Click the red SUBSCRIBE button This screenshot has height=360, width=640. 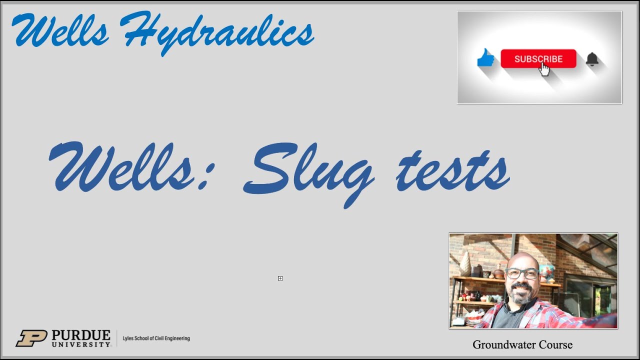(x=538, y=58)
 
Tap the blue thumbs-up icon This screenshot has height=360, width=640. (x=485, y=58)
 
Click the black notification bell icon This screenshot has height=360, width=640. (x=592, y=59)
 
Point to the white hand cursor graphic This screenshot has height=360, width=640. (x=544, y=69)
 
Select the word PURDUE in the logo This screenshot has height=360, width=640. (x=81, y=334)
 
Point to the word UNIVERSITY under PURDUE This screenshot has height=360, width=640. (x=81, y=344)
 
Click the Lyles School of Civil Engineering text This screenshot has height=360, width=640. (x=156, y=338)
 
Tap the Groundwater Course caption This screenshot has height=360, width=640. (x=522, y=344)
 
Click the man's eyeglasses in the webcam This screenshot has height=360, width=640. (x=521, y=273)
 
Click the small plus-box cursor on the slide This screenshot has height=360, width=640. (x=280, y=278)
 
